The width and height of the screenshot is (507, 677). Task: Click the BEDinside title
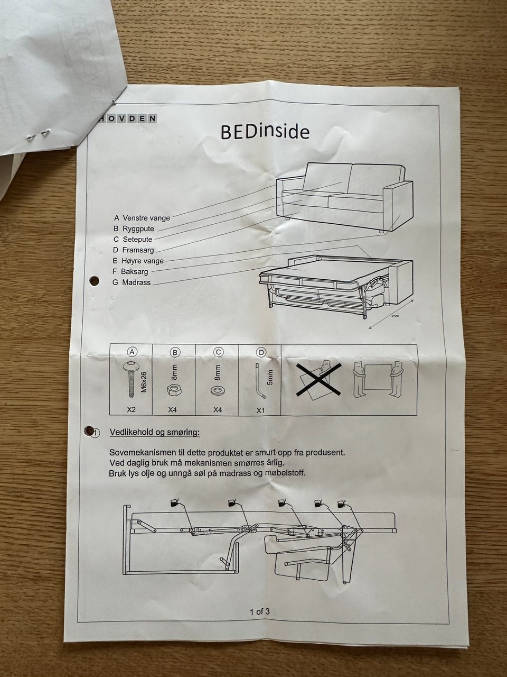(265, 132)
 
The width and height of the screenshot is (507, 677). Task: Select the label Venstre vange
(146, 218)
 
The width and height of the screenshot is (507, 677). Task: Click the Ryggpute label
(138, 228)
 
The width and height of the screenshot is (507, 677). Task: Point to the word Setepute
(138, 239)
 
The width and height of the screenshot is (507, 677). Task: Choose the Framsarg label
(138, 250)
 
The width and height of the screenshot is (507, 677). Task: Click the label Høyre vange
(143, 261)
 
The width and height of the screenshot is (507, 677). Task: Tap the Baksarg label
(135, 272)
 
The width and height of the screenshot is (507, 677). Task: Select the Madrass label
(136, 282)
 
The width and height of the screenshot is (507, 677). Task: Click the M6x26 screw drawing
(132, 379)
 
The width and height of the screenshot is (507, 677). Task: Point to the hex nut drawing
(174, 390)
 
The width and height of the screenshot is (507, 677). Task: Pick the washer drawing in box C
(218, 391)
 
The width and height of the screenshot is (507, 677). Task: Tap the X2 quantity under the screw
(131, 409)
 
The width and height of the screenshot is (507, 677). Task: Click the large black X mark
(318, 380)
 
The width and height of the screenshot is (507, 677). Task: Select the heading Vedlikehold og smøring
(155, 433)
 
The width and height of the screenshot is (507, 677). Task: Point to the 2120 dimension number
(396, 316)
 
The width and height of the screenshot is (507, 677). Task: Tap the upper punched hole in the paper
(94, 281)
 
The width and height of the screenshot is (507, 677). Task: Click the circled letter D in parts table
(261, 352)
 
